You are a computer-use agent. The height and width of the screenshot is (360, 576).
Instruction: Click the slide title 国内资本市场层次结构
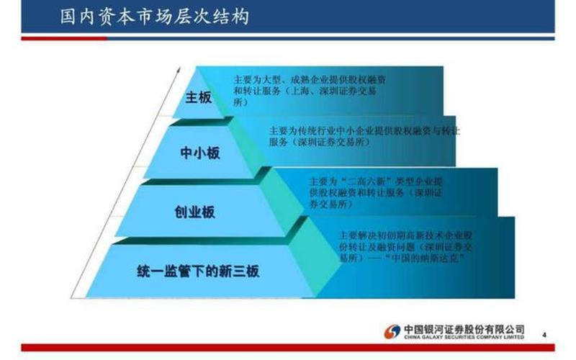155,17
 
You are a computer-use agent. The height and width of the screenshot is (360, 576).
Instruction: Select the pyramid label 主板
198,97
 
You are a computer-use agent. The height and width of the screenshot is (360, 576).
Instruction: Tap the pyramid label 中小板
199,153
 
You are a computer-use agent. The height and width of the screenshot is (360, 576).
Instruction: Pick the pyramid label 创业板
195,212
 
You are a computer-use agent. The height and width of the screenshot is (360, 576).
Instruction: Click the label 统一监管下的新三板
197,271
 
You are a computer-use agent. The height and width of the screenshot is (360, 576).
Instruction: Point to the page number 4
544,334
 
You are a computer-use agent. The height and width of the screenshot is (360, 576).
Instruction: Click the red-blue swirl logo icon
392,330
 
